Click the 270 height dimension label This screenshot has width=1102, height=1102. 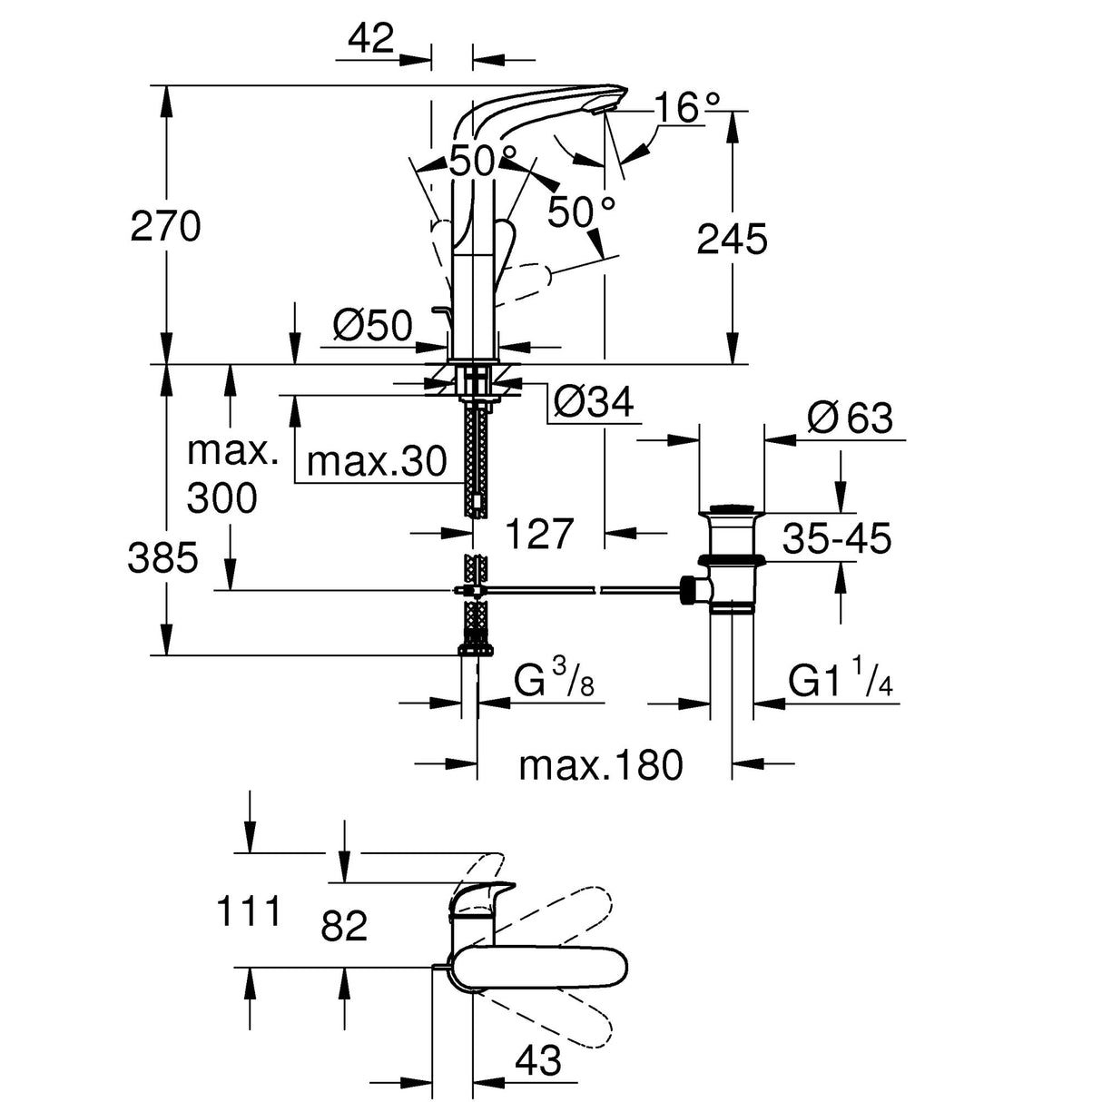coord(165,226)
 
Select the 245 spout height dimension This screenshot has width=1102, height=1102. coord(732,240)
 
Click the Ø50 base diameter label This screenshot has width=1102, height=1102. coord(372,325)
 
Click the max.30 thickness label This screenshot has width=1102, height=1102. coord(377,462)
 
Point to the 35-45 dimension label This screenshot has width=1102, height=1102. coord(837,539)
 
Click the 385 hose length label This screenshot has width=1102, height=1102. coord(162,557)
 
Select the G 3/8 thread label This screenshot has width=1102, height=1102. coord(553,680)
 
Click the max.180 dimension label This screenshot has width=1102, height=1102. coord(600,765)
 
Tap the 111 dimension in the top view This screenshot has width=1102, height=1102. coord(250,910)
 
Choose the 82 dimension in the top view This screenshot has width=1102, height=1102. coord(344,927)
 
